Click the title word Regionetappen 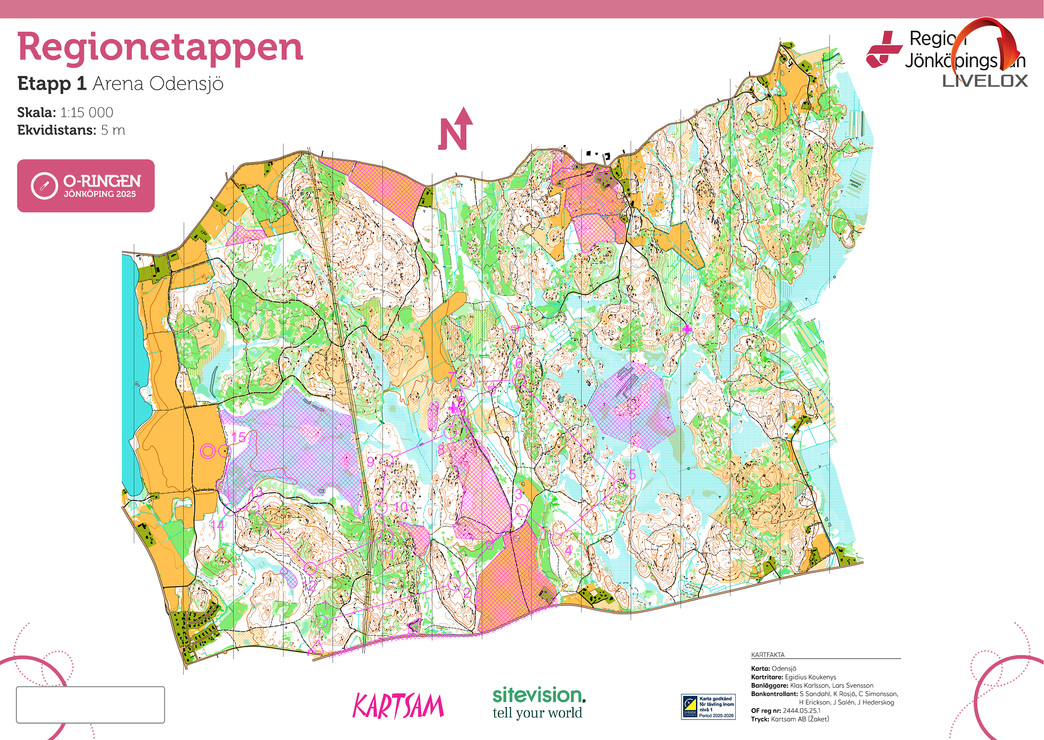click(x=160, y=47)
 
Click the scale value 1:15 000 click(x=87, y=112)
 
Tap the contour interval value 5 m click(x=113, y=130)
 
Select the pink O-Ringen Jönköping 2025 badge click(x=86, y=186)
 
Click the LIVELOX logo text click(x=985, y=81)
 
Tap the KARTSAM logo click(x=397, y=706)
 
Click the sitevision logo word click(x=538, y=696)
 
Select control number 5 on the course click(x=632, y=474)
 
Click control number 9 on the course click(x=371, y=462)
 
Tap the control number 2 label click(x=467, y=593)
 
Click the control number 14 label click(x=217, y=525)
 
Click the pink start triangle click(x=316, y=647)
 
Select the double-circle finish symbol click(x=208, y=451)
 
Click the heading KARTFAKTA click(x=768, y=655)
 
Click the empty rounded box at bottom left click(x=90, y=705)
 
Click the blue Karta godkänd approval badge click(x=708, y=706)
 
